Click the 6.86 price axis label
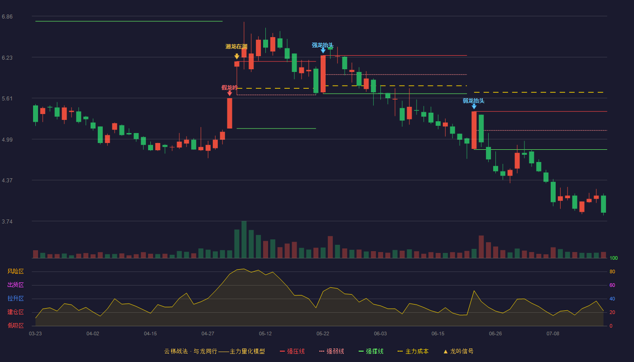coord(7,17)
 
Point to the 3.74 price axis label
coord(7,221)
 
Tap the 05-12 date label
coord(265,334)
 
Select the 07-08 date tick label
coord(553,334)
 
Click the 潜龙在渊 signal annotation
coord(236,47)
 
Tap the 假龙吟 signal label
coord(229,88)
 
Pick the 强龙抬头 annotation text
coord(322,45)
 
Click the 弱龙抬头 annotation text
coord(474,100)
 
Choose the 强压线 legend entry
coord(292,351)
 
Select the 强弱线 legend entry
coord(331,351)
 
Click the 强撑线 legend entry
coord(371,351)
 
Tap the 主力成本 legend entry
coord(413,351)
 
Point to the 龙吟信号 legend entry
coord(458,351)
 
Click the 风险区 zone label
coord(15,271)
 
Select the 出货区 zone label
coord(15,285)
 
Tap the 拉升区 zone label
coord(15,298)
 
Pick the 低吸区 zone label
coord(15,325)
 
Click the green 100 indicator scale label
coord(614,258)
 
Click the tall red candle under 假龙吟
coord(230,113)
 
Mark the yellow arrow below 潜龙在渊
coord(236,56)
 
